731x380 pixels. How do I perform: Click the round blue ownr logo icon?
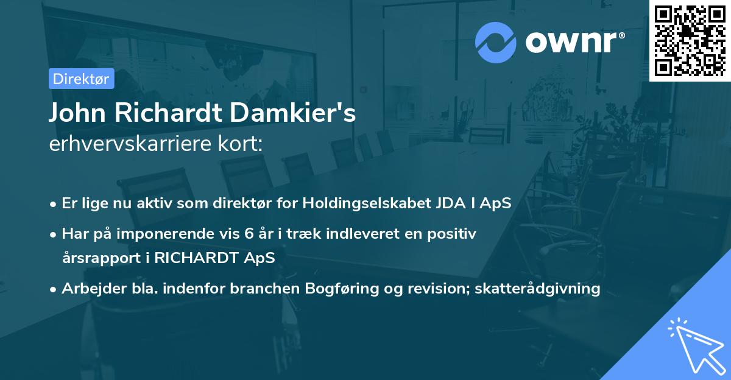click(496, 42)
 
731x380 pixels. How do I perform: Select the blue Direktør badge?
click(81, 79)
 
